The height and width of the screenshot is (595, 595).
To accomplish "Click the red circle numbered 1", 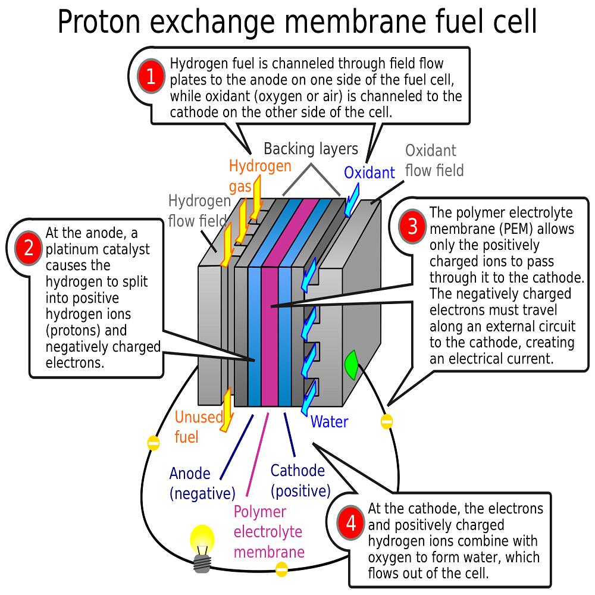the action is [x=151, y=76].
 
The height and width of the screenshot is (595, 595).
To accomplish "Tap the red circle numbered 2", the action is [x=29, y=248].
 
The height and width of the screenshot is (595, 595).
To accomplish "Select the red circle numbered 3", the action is [x=412, y=226].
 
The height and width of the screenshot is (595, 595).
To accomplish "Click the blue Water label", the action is [x=329, y=422].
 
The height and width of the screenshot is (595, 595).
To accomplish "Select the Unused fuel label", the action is [x=199, y=427].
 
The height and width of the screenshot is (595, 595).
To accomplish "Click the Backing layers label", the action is [x=311, y=149].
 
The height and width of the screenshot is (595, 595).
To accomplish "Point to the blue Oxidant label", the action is [x=369, y=173].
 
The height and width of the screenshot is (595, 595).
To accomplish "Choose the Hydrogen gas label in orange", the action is [x=260, y=176].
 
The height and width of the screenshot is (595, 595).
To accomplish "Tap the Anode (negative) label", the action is [x=202, y=483].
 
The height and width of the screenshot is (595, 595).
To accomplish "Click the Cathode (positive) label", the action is [x=300, y=481].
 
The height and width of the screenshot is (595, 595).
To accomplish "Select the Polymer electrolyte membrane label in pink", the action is [x=269, y=531].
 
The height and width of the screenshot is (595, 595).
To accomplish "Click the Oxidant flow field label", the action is [x=434, y=161].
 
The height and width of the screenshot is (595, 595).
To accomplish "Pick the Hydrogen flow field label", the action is [x=199, y=211].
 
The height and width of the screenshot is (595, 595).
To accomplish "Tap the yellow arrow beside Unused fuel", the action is [x=227, y=410].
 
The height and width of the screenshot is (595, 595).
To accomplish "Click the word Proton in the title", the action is [x=99, y=22].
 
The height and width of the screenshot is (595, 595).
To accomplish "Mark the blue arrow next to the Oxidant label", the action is [x=352, y=200].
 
